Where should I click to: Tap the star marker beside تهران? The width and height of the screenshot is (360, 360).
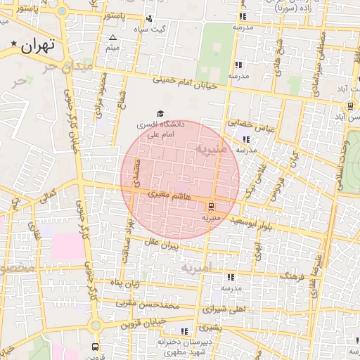click(x=14, y=45)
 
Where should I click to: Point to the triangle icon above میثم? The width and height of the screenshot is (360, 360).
click(x=112, y=37)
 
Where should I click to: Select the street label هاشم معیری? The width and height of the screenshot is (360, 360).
click(x=169, y=196)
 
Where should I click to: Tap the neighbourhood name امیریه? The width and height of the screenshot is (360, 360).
click(x=195, y=268)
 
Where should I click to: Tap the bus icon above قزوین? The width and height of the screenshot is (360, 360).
click(x=95, y=347)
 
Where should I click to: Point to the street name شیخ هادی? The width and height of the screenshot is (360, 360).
click(x=279, y=53)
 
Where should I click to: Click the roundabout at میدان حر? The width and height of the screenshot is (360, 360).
click(x=63, y=11)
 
